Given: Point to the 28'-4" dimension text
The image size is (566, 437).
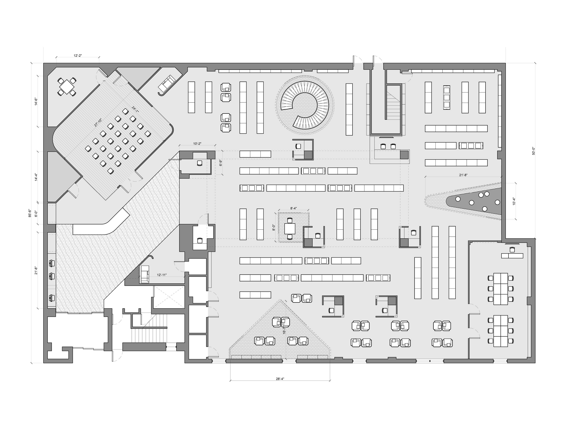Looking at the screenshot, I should point(280,379).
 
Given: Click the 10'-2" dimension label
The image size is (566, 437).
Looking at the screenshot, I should point(197,143).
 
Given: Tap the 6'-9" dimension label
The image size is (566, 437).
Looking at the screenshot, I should point(221,163).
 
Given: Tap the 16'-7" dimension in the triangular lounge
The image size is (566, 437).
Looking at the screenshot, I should point(284,330).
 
